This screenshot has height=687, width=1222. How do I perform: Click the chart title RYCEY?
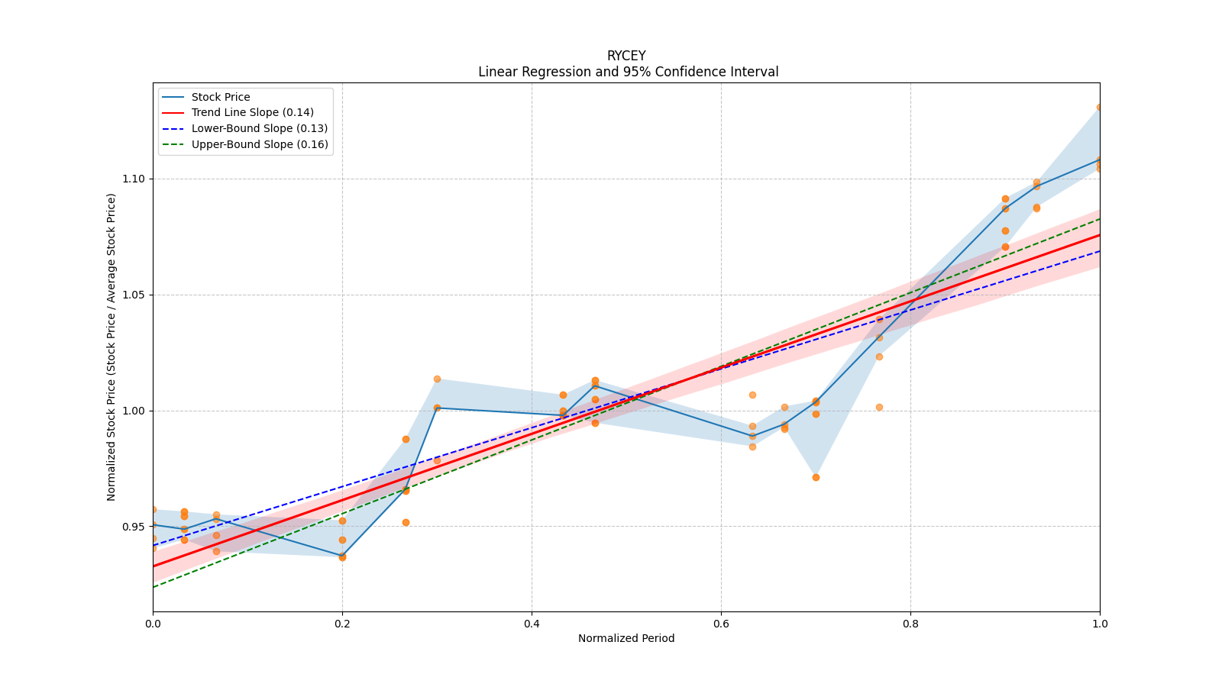[626, 56]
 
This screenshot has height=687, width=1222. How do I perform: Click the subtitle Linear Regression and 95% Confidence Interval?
[628, 72]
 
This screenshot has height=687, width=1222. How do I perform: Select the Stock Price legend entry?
[221, 97]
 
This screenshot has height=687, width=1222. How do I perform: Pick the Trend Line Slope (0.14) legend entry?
[252, 112]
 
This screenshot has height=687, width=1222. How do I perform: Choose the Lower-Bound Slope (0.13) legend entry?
[259, 128]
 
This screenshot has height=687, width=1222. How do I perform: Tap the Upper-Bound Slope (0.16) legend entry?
[260, 144]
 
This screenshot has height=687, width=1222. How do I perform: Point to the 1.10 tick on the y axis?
[133, 179]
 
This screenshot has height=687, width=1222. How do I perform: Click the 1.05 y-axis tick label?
[133, 295]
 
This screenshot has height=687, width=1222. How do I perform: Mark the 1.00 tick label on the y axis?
[133, 411]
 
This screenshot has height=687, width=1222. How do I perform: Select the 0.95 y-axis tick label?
[133, 527]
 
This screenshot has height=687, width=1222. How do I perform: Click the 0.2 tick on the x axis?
[342, 624]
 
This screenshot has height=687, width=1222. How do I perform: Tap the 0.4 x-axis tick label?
[532, 624]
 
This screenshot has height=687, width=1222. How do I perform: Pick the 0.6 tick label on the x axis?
[721, 624]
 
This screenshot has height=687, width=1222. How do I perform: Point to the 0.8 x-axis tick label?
[910, 624]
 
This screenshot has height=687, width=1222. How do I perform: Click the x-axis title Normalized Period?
[626, 638]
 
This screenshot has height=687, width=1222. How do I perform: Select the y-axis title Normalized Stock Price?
[112, 347]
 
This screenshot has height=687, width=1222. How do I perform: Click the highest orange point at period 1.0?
[1099, 108]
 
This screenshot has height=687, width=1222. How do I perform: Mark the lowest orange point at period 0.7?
[816, 477]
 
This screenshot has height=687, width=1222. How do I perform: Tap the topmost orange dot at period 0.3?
[437, 379]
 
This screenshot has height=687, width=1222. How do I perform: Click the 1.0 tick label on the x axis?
[1100, 624]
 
